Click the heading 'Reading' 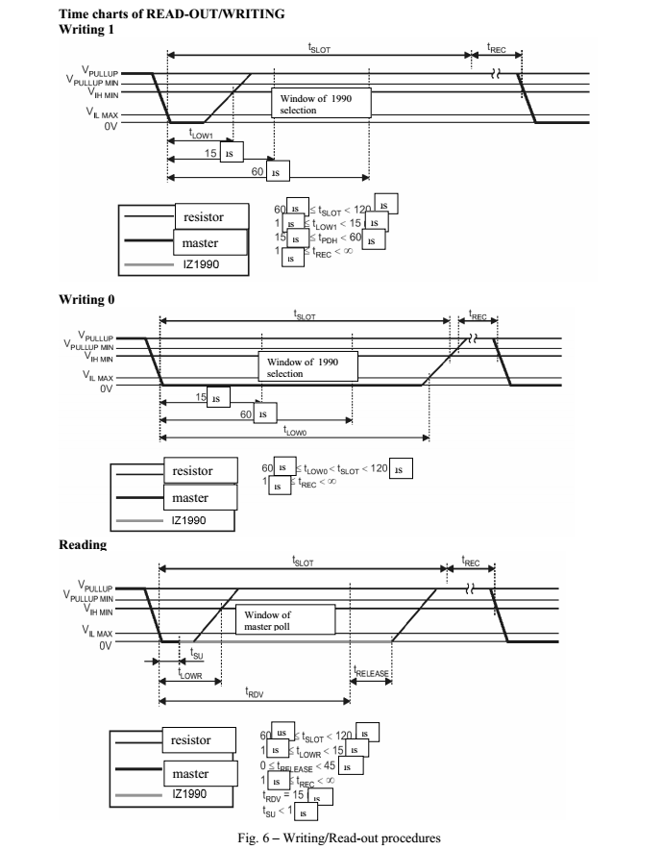tap(83, 545)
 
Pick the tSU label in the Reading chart tap(195, 654)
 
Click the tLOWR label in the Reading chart tap(190, 674)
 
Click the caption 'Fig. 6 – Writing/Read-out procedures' tap(331, 837)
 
